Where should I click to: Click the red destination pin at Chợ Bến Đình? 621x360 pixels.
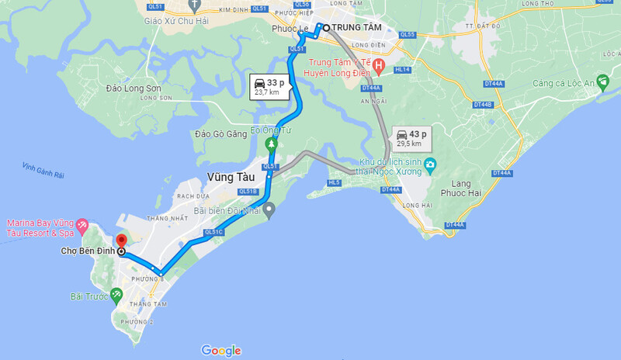click(120, 242)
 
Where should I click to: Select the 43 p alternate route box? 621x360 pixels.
click(411, 137)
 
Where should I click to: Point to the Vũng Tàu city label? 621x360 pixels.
click(231, 177)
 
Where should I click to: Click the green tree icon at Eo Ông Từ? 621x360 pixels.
click(271, 144)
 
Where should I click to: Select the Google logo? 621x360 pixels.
click(221, 350)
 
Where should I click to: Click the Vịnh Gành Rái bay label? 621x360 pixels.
click(44, 167)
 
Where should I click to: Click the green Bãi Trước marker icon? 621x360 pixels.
click(116, 295)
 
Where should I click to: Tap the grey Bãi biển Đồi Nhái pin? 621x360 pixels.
click(269, 209)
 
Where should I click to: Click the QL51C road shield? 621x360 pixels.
click(213, 232)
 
